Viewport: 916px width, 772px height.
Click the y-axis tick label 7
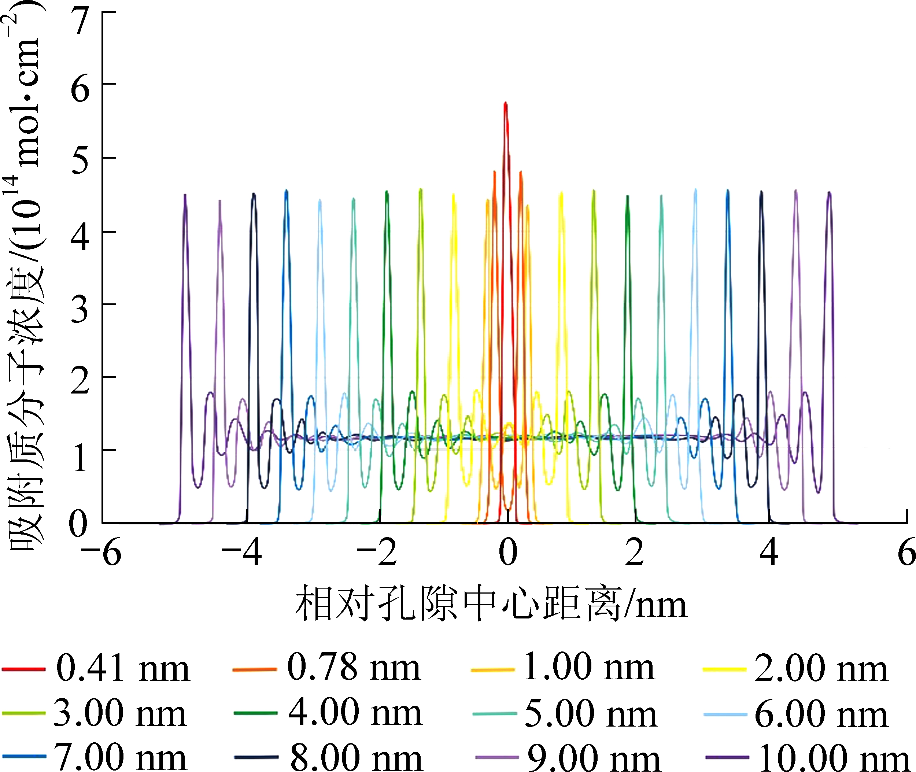[81, 22]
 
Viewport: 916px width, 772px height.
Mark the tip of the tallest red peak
[506, 103]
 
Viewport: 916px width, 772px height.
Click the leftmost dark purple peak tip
[185, 195]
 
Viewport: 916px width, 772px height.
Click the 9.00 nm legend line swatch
[496, 757]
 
